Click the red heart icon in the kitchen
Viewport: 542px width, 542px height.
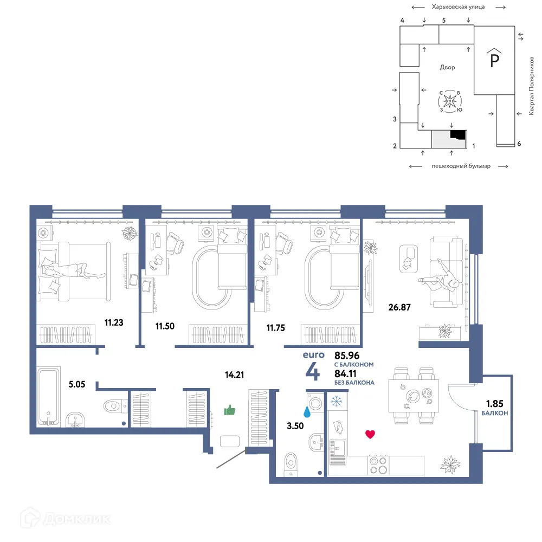coord(370,434)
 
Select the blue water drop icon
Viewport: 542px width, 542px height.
coord(307,411)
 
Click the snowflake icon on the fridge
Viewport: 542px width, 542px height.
coord(337,401)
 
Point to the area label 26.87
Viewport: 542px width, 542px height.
coord(399,307)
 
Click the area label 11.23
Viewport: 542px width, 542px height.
coord(114,322)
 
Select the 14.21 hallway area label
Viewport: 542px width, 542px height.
coord(234,375)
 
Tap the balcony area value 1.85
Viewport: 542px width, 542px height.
coord(495,403)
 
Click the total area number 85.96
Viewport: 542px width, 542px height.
coord(347,356)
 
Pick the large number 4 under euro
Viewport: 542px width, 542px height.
coord(313,372)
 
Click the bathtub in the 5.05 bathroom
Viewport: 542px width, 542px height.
coord(48,396)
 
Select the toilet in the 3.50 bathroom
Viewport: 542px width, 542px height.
coord(291,464)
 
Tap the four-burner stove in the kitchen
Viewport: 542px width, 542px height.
coord(378,465)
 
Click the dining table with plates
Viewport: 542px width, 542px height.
coord(414,396)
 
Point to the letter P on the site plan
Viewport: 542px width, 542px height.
coord(495,61)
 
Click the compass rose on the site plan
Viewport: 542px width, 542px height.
coord(450,101)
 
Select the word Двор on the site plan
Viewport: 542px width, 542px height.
coord(447,67)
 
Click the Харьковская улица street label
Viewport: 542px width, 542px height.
coord(458,7)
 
